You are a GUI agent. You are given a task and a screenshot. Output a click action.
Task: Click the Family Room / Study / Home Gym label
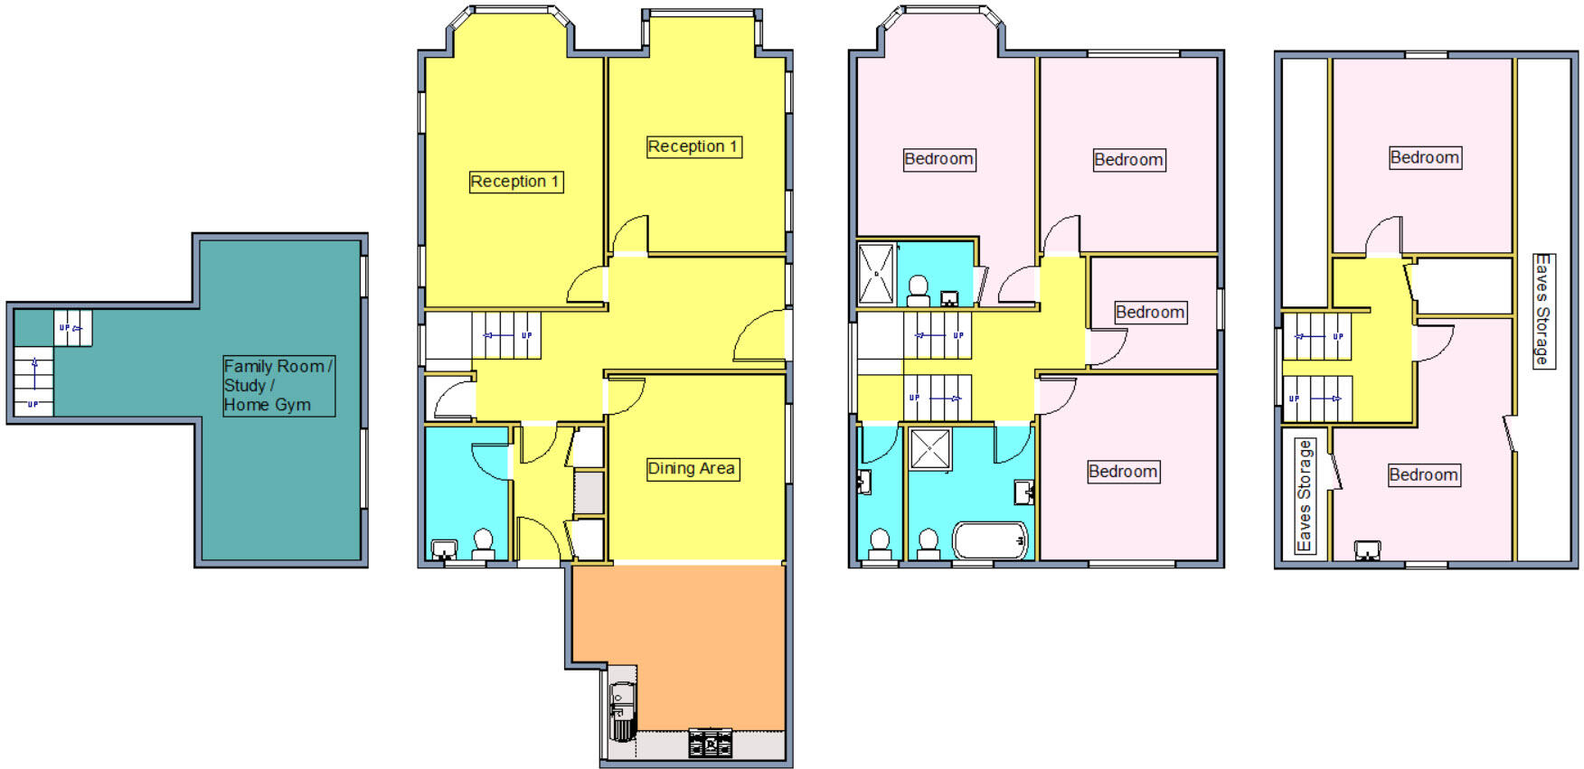[x=278, y=386]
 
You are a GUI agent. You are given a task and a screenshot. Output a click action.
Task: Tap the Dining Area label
[x=692, y=468]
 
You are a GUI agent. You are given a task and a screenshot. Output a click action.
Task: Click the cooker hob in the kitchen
[x=711, y=743]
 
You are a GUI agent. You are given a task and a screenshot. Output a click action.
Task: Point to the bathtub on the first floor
[x=991, y=540]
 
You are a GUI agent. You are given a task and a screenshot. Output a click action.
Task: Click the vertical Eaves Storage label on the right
[x=1542, y=310]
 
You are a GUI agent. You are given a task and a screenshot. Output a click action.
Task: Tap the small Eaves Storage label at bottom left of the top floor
[x=1304, y=495]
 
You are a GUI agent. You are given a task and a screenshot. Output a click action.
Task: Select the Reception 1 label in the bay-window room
[x=515, y=182]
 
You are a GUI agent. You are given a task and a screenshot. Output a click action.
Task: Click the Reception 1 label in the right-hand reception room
[x=693, y=146]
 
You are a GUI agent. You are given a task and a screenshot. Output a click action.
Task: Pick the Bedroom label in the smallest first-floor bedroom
[x=1149, y=313]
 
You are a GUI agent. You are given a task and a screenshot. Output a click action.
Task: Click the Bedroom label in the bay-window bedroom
[x=938, y=159]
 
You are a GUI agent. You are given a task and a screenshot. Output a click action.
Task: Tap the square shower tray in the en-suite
[x=875, y=274]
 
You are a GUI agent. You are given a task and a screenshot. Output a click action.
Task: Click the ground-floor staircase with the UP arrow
[x=505, y=335]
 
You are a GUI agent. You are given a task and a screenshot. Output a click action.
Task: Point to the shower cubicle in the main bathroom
[x=929, y=449]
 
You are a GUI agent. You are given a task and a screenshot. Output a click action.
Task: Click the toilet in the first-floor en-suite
[x=918, y=289]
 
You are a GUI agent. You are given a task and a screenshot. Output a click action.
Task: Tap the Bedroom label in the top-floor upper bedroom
[x=1424, y=158]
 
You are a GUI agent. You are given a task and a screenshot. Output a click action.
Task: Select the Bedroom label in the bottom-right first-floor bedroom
[x=1122, y=472]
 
